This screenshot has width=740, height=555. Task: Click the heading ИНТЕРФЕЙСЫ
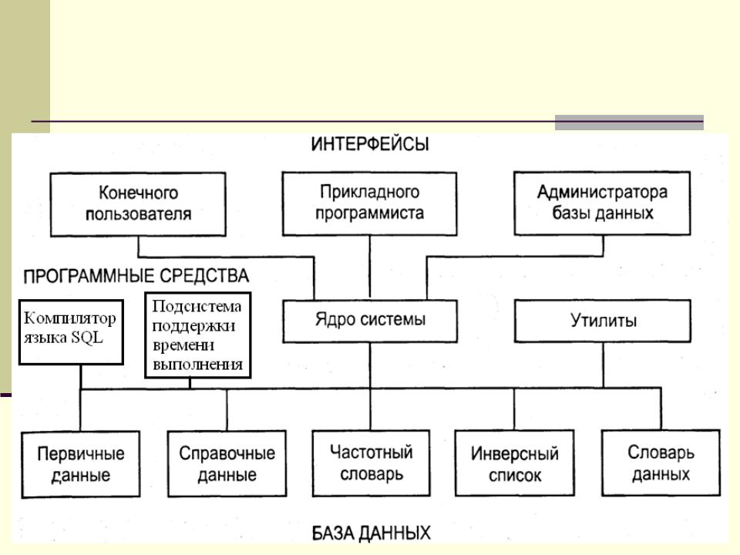click(370, 145)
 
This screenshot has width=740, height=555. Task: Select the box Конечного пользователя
click(139, 203)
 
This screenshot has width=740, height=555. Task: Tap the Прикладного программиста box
click(370, 203)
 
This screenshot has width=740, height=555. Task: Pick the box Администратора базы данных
click(602, 203)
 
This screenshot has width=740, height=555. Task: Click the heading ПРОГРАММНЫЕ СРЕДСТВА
click(136, 274)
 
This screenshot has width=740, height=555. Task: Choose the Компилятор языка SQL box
click(70, 331)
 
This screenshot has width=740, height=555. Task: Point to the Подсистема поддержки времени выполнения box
click(198, 334)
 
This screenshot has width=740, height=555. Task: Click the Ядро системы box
click(370, 320)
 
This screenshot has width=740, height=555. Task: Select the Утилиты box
click(602, 320)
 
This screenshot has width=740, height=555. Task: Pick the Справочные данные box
click(227, 462)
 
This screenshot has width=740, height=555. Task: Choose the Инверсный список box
click(515, 462)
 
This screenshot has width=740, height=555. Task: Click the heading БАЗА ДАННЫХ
click(371, 532)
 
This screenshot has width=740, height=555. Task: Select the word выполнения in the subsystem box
click(198, 365)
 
